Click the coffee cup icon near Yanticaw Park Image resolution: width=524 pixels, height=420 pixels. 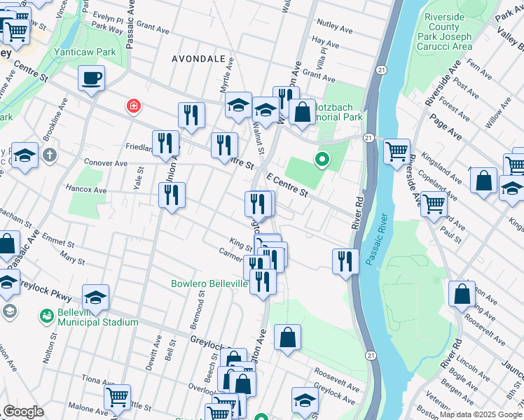[91, 78]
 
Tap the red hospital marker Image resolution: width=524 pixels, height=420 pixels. [132, 106]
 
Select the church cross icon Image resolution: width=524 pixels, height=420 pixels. [49, 155]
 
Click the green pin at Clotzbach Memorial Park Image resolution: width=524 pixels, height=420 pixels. [322, 160]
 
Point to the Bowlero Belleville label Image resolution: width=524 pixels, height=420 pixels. [209, 283]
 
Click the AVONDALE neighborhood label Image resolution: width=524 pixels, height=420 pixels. [199, 59]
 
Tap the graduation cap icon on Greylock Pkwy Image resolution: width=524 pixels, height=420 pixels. [96, 297]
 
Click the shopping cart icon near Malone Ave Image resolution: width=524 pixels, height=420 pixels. [117, 397]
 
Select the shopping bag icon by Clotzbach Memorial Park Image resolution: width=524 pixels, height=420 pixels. [302, 112]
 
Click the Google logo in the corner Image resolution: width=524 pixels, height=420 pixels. [23, 412]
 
